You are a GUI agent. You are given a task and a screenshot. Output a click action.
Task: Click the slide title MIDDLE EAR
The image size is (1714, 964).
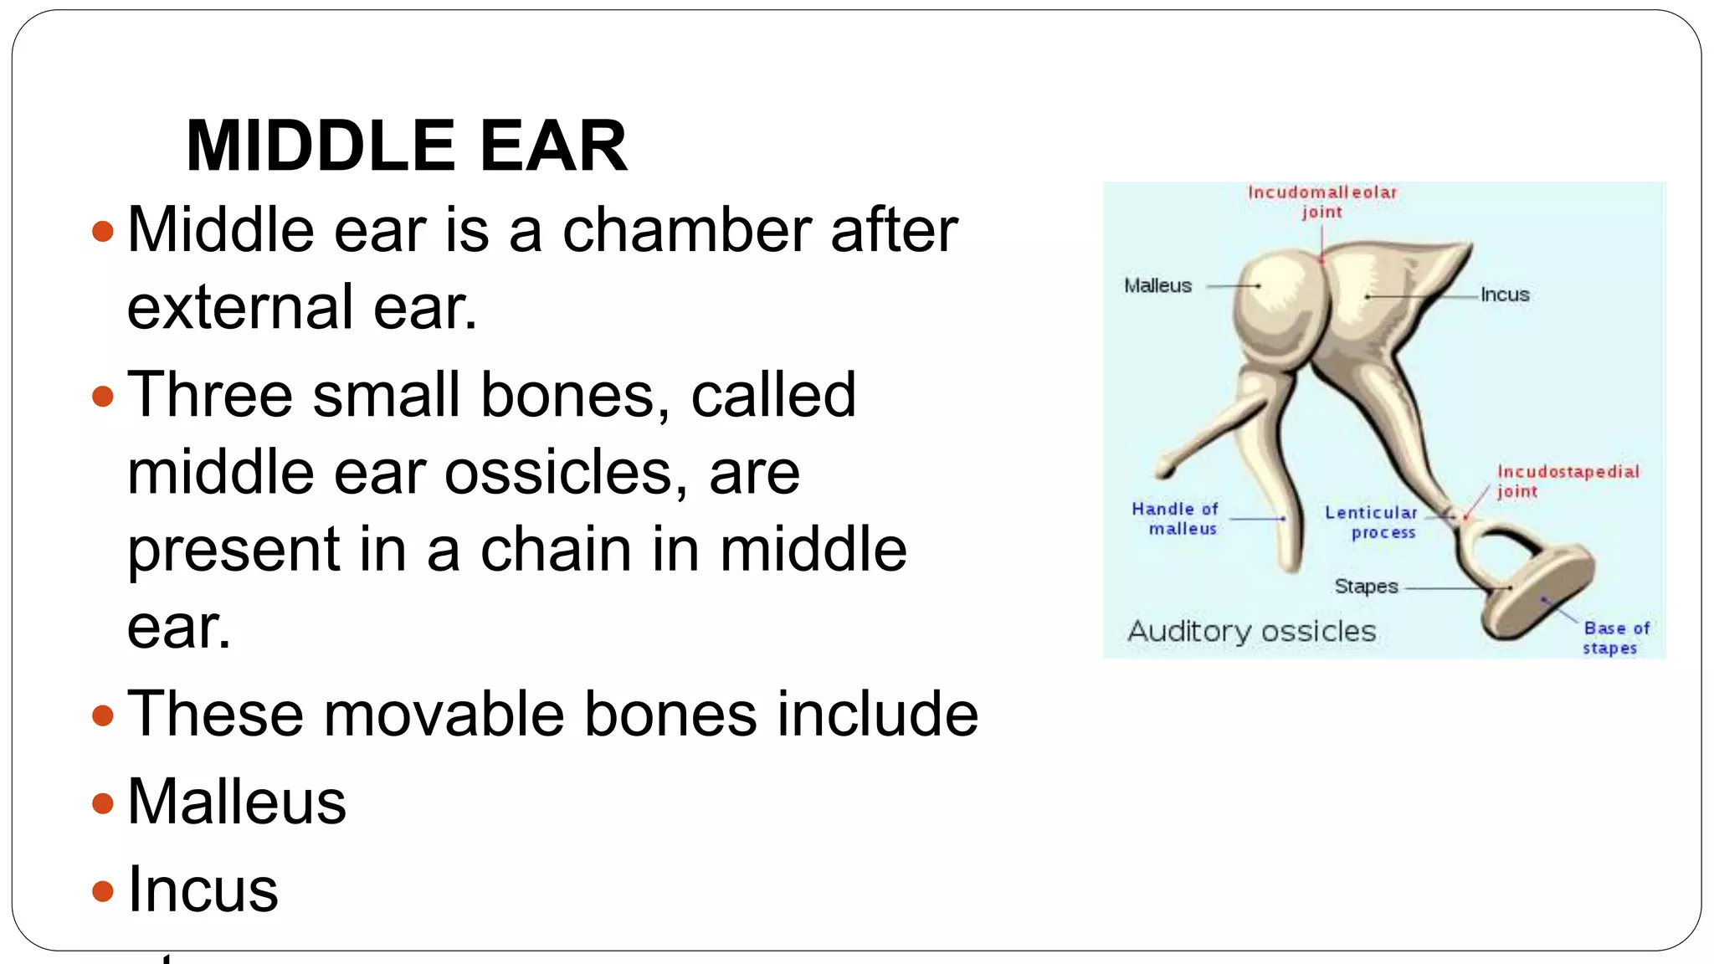click(x=407, y=146)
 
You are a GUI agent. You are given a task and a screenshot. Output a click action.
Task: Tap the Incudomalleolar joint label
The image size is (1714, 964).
click(x=1322, y=202)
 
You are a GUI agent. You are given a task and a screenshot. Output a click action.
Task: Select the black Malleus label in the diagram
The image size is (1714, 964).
click(x=1157, y=286)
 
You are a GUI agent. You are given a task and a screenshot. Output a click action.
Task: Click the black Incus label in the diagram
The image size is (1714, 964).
click(x=1504, y=295)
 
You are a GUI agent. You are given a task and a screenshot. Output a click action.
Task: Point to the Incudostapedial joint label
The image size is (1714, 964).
click(x=1567, y=481)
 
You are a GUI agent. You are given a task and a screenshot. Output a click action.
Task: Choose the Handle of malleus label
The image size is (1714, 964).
click(x=1175, y=519)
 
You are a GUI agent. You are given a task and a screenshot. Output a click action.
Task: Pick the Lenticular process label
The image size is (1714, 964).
click(x=1371, y=522)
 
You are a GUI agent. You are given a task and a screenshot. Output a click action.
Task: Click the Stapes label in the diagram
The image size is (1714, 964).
click(x=1366, y=587)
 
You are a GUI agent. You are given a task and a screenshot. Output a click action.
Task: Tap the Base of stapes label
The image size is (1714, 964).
click(x=1615, y=638)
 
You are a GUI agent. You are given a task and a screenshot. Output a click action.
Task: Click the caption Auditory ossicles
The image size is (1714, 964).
click(x=1251, y=632)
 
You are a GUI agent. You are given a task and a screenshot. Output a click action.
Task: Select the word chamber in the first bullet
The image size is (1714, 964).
click(x=686, y=230)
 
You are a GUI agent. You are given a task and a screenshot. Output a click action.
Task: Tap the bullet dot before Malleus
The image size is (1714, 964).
click(x=103, y=804)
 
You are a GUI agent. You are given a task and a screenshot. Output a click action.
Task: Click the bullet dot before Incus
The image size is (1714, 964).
click(x=103, y=891)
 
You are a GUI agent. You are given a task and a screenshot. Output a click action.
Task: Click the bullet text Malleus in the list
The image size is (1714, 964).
click(x=237, y=802)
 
